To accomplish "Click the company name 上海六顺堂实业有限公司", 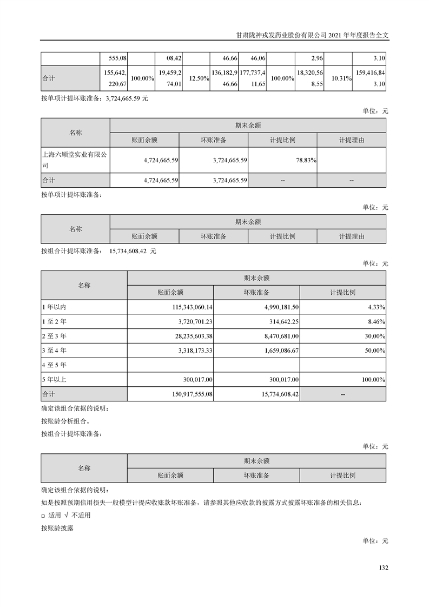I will tap(75, 160).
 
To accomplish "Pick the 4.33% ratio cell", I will tap(375, 307).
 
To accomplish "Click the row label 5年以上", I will tap(55, 380).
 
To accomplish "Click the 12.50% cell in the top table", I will tap(200, 78).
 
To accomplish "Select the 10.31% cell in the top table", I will tap(341, 78).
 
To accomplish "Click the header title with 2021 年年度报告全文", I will tap(314, 34).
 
